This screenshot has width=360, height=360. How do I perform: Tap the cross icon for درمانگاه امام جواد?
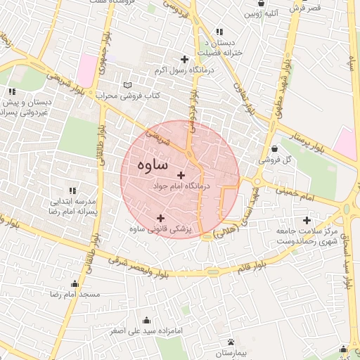pos(181,175)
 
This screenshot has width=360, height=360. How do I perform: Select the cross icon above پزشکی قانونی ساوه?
pos(161,218)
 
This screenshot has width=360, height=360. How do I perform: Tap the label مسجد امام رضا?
pos(75,293)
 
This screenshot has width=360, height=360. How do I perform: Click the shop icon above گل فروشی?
pos(274,149)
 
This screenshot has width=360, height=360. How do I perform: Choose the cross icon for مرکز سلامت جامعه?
pos(307,221)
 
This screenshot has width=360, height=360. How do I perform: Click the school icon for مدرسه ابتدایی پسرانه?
pos(73,191)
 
